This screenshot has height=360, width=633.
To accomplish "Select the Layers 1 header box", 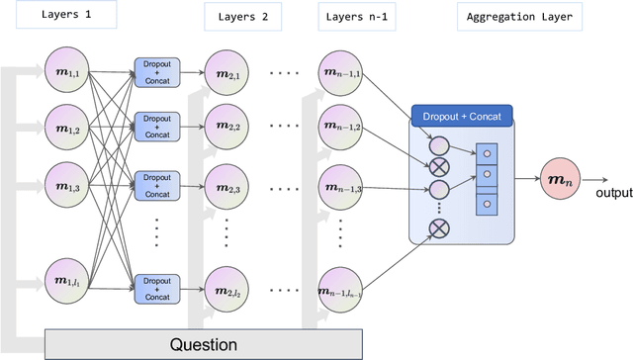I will click(61, 15).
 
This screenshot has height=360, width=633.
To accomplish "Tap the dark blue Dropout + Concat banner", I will click(461, 116).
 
